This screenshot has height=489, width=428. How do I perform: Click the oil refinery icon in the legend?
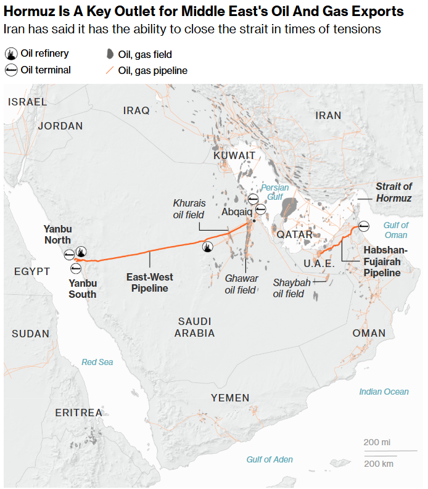10,54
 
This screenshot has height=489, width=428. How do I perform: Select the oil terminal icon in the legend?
10,70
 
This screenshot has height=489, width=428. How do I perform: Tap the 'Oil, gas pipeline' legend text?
152,71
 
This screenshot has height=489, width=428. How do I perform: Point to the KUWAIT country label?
234,155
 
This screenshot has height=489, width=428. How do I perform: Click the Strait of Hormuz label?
393,192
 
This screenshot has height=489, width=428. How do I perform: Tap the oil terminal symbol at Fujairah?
364,226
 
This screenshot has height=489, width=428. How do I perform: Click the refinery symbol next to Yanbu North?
81,252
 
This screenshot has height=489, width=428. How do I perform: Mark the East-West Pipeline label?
147,282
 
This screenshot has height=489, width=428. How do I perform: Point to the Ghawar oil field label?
241,284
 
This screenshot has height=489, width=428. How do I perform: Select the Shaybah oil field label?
289,288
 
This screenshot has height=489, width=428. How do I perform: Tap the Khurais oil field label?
189,208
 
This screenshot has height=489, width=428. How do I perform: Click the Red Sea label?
97,362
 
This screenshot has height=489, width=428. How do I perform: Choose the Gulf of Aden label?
270,459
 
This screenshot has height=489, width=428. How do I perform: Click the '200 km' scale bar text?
379,464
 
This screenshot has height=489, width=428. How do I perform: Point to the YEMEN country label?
230,398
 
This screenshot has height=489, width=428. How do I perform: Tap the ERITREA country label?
79,413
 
